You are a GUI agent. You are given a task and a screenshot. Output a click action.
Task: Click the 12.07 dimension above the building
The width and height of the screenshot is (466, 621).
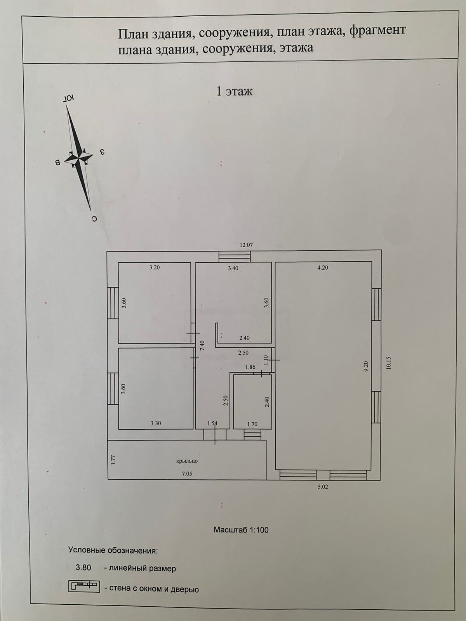[246, 245]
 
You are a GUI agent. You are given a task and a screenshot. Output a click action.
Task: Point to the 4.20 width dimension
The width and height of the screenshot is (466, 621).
[323, 267]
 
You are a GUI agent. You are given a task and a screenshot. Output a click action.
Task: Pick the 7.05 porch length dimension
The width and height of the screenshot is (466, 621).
[187, 474]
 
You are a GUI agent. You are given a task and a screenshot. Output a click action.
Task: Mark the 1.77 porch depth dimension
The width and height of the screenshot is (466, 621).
[113, 460]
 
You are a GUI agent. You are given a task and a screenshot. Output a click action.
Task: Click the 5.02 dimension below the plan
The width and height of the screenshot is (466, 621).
[323, 487]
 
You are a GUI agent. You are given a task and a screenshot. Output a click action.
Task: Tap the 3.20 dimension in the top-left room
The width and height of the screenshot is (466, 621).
[155, 267]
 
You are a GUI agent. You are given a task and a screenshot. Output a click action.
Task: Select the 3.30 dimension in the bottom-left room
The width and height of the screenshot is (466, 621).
[156, 423]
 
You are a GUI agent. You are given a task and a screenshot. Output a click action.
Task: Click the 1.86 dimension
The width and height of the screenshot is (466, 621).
[250, 367]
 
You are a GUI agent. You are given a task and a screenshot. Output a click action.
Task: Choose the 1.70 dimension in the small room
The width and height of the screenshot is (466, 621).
[252, 424]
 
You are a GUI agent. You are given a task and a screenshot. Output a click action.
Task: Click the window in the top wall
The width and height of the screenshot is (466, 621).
[234, 257]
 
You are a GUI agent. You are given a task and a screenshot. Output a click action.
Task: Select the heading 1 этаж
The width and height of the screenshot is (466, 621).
[234, 92]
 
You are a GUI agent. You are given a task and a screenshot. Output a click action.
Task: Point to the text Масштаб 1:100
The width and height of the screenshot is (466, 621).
[241, 530]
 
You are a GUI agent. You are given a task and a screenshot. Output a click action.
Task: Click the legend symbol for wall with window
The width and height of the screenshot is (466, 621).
[84, 586]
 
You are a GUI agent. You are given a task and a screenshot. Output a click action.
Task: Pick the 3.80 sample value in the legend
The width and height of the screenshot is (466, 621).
[83, 568]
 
